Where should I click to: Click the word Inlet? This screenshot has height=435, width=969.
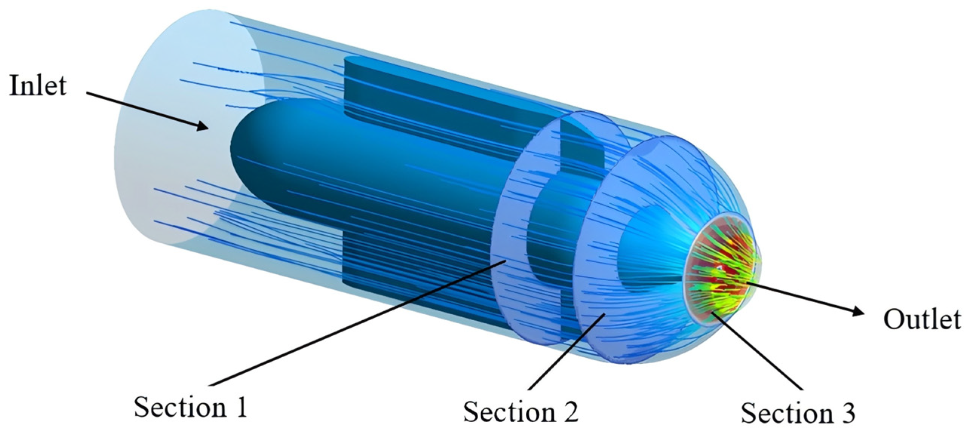[x=38, y=85]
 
